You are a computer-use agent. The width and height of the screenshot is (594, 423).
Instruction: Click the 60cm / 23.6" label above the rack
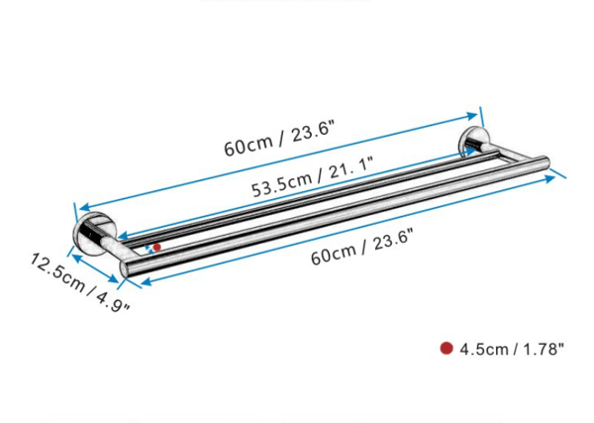[x=279, y=138]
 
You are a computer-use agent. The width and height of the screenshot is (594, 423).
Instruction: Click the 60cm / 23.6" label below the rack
[x=361, y=247]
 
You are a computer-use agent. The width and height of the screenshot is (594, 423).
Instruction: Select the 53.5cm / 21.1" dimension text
[x=313, y=176]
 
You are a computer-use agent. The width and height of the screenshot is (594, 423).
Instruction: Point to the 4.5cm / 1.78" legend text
[x=512, y=349]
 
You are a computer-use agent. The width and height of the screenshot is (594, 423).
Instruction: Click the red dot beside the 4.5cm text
[x=446, y=348]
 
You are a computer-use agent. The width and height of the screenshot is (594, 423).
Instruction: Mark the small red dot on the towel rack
[x=156, y=247]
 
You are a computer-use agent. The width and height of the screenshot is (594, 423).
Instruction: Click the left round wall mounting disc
[x=90, y=234]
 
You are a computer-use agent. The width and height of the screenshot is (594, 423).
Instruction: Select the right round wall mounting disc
[x=472, y=142]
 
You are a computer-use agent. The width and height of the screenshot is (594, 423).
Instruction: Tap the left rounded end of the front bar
[x=124, y=268]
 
